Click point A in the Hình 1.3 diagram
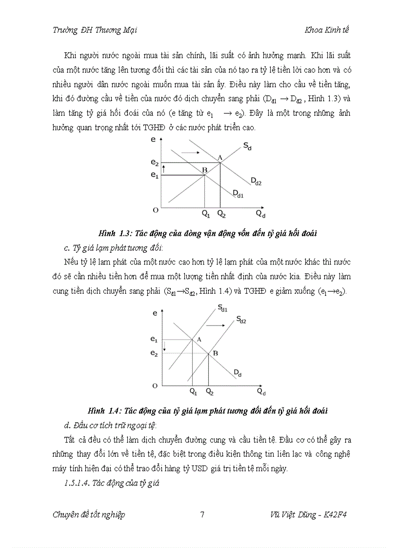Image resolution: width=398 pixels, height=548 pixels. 220,157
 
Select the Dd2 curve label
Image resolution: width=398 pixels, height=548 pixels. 256,182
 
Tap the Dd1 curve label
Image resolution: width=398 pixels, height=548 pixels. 238,195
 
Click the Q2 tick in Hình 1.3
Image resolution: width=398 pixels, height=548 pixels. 221,214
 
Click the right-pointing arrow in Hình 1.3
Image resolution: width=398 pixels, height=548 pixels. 191,152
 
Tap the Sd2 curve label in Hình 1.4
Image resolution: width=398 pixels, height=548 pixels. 241,320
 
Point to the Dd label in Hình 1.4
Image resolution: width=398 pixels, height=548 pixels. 238,373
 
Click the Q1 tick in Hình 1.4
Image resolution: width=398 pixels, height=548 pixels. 193,391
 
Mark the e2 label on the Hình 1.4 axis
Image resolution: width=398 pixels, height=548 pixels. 154,352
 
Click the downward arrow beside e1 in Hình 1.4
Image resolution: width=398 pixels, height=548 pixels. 165,346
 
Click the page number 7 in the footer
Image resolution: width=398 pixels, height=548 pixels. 202,514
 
